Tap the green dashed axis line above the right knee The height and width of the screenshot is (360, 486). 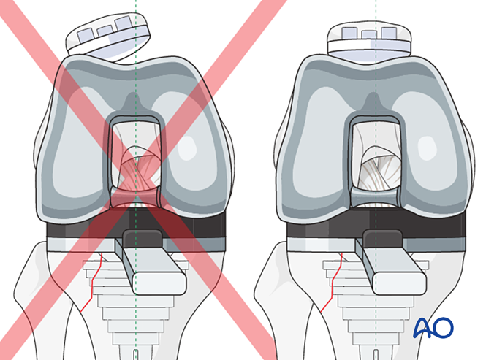(x=376, y=11)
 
